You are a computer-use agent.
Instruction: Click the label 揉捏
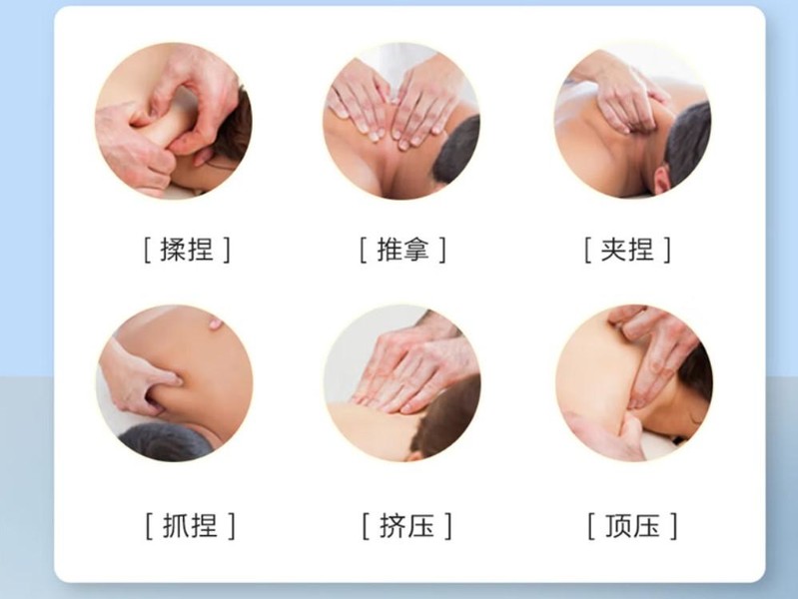pyautogui.click(x=187, y=250)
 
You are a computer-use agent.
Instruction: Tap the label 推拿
pyautogui.click(x=402, y=250)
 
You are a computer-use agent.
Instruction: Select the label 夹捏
pyautogui.click(x=627, y=250)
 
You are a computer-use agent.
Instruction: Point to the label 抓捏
pyautogui.click(x=190, y=526)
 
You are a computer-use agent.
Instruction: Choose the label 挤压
pyautogui.click(x=406, y=526)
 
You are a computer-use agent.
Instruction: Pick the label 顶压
pyautogui.click(x=632, y=526)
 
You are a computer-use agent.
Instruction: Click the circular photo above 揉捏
pyautogui.click(x=174, y=121)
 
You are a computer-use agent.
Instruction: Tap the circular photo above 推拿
pyautogui.click(x=401, y=121)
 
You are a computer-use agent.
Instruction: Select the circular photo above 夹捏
pyautogui.click(x=632, y=121)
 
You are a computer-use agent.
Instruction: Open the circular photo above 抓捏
pyautogui.click(x=175, y=383)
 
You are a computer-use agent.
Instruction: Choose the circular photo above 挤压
pyautogui.click(x=402, y=383)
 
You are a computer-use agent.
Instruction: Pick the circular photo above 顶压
pyautogui.click(x=634, y=383)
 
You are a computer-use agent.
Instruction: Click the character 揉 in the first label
pyautogui.click(x=173, y=250)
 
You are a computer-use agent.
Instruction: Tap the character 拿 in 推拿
pyautogui.click(x=416, y=250)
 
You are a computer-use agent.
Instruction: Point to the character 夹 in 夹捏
pyautogui.click(x=614, y=250)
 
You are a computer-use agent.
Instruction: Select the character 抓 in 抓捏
pyautogui.click(x=176, y=526)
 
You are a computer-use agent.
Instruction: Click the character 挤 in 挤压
pyautogui.click(x=393, y=526)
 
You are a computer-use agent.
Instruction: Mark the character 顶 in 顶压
pyautogui.click(x=618, y=526)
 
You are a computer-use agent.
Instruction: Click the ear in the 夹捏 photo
pyautogui.click(x=661, y=179)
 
